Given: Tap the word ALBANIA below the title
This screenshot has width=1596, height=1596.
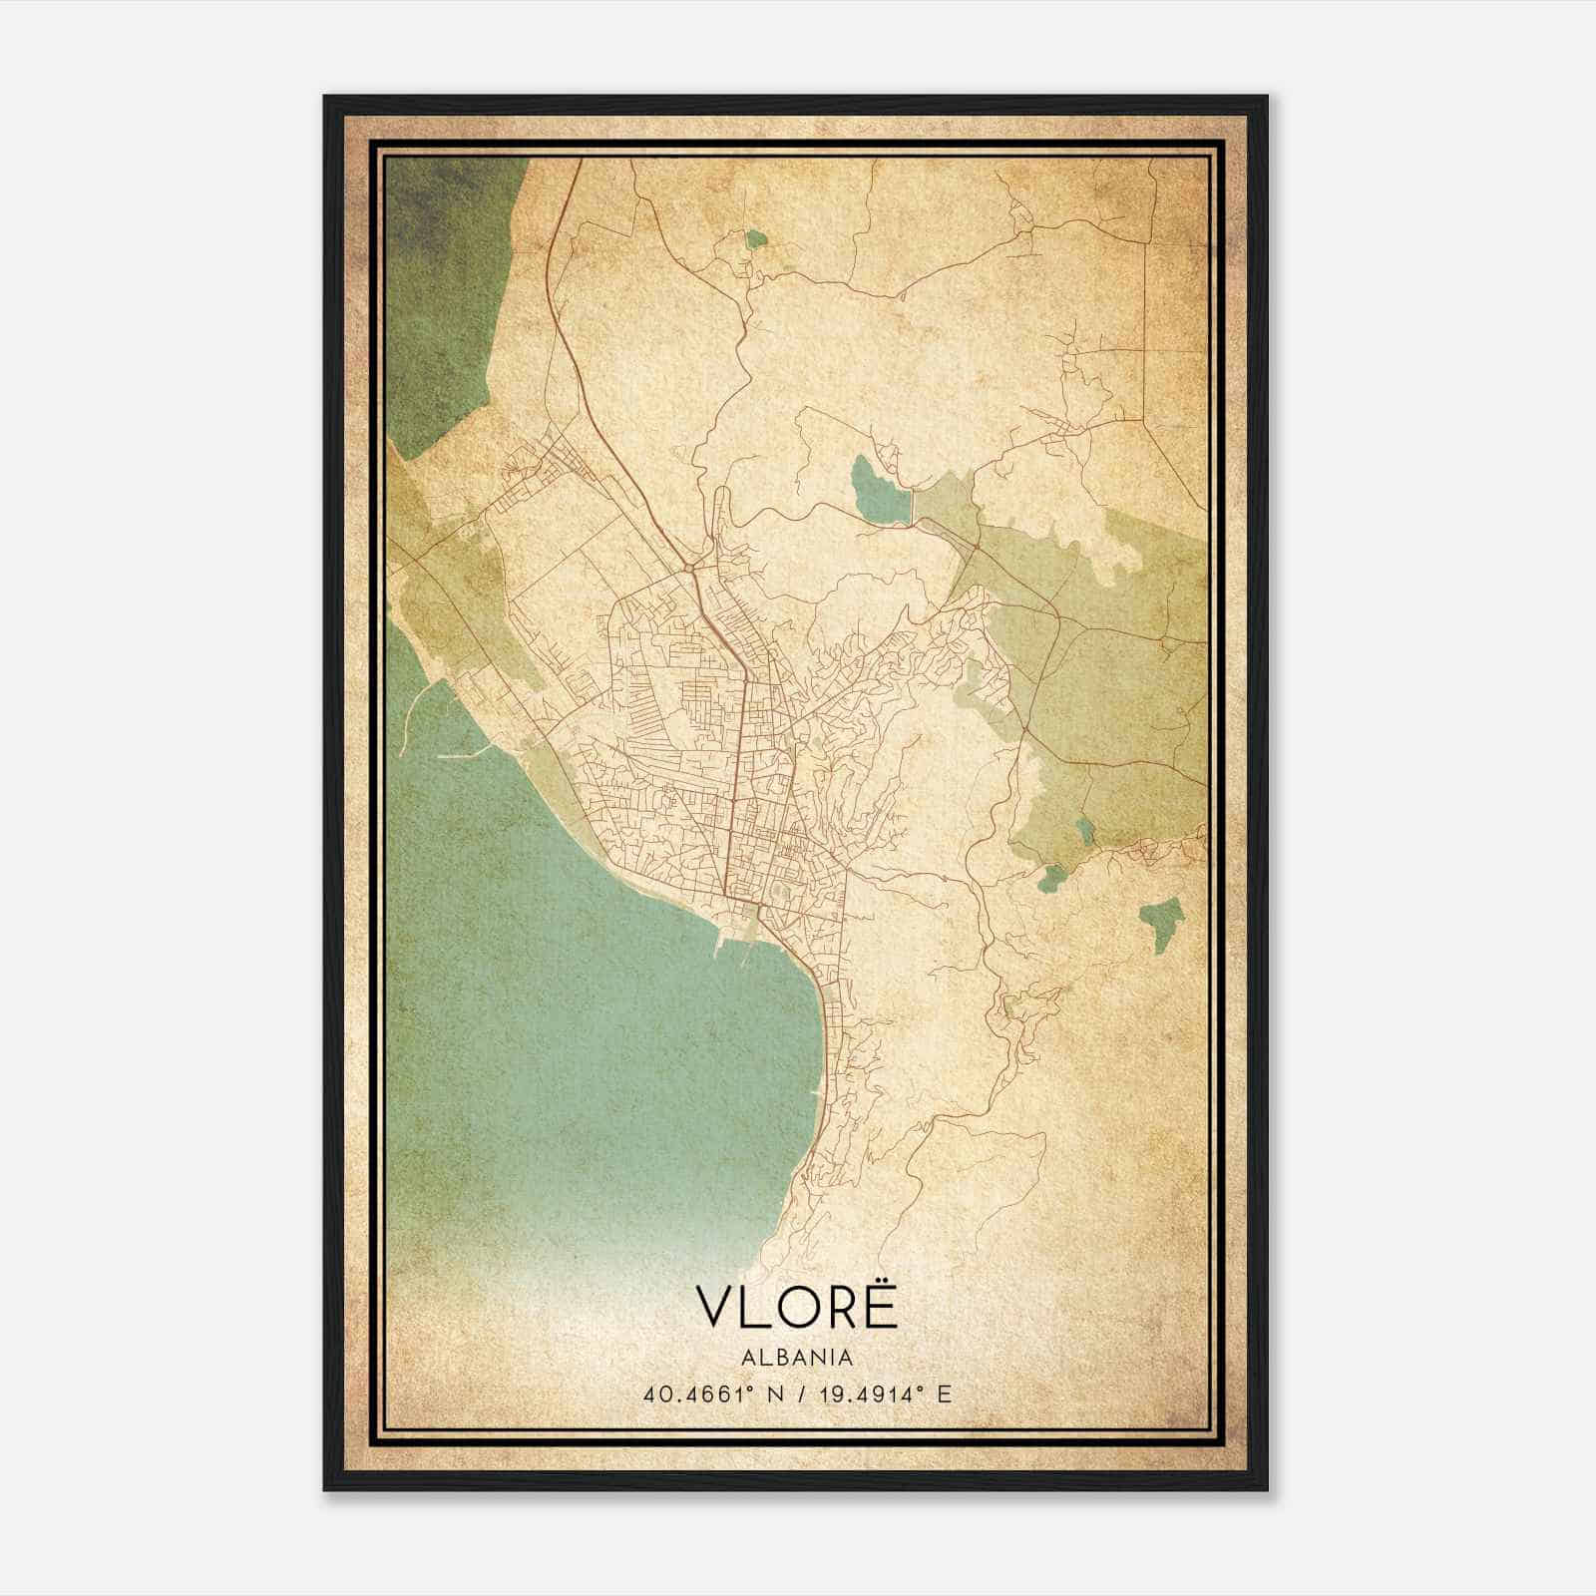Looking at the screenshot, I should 797,1358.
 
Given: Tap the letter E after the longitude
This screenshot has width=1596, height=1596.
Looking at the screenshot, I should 945,1394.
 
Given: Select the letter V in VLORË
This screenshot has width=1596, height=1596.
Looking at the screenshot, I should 716,1308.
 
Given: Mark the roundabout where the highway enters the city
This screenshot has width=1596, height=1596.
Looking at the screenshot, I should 689,570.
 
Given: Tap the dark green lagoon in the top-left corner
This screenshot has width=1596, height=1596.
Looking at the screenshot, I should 449,299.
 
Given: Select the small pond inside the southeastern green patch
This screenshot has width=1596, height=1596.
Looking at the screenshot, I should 1084,828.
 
